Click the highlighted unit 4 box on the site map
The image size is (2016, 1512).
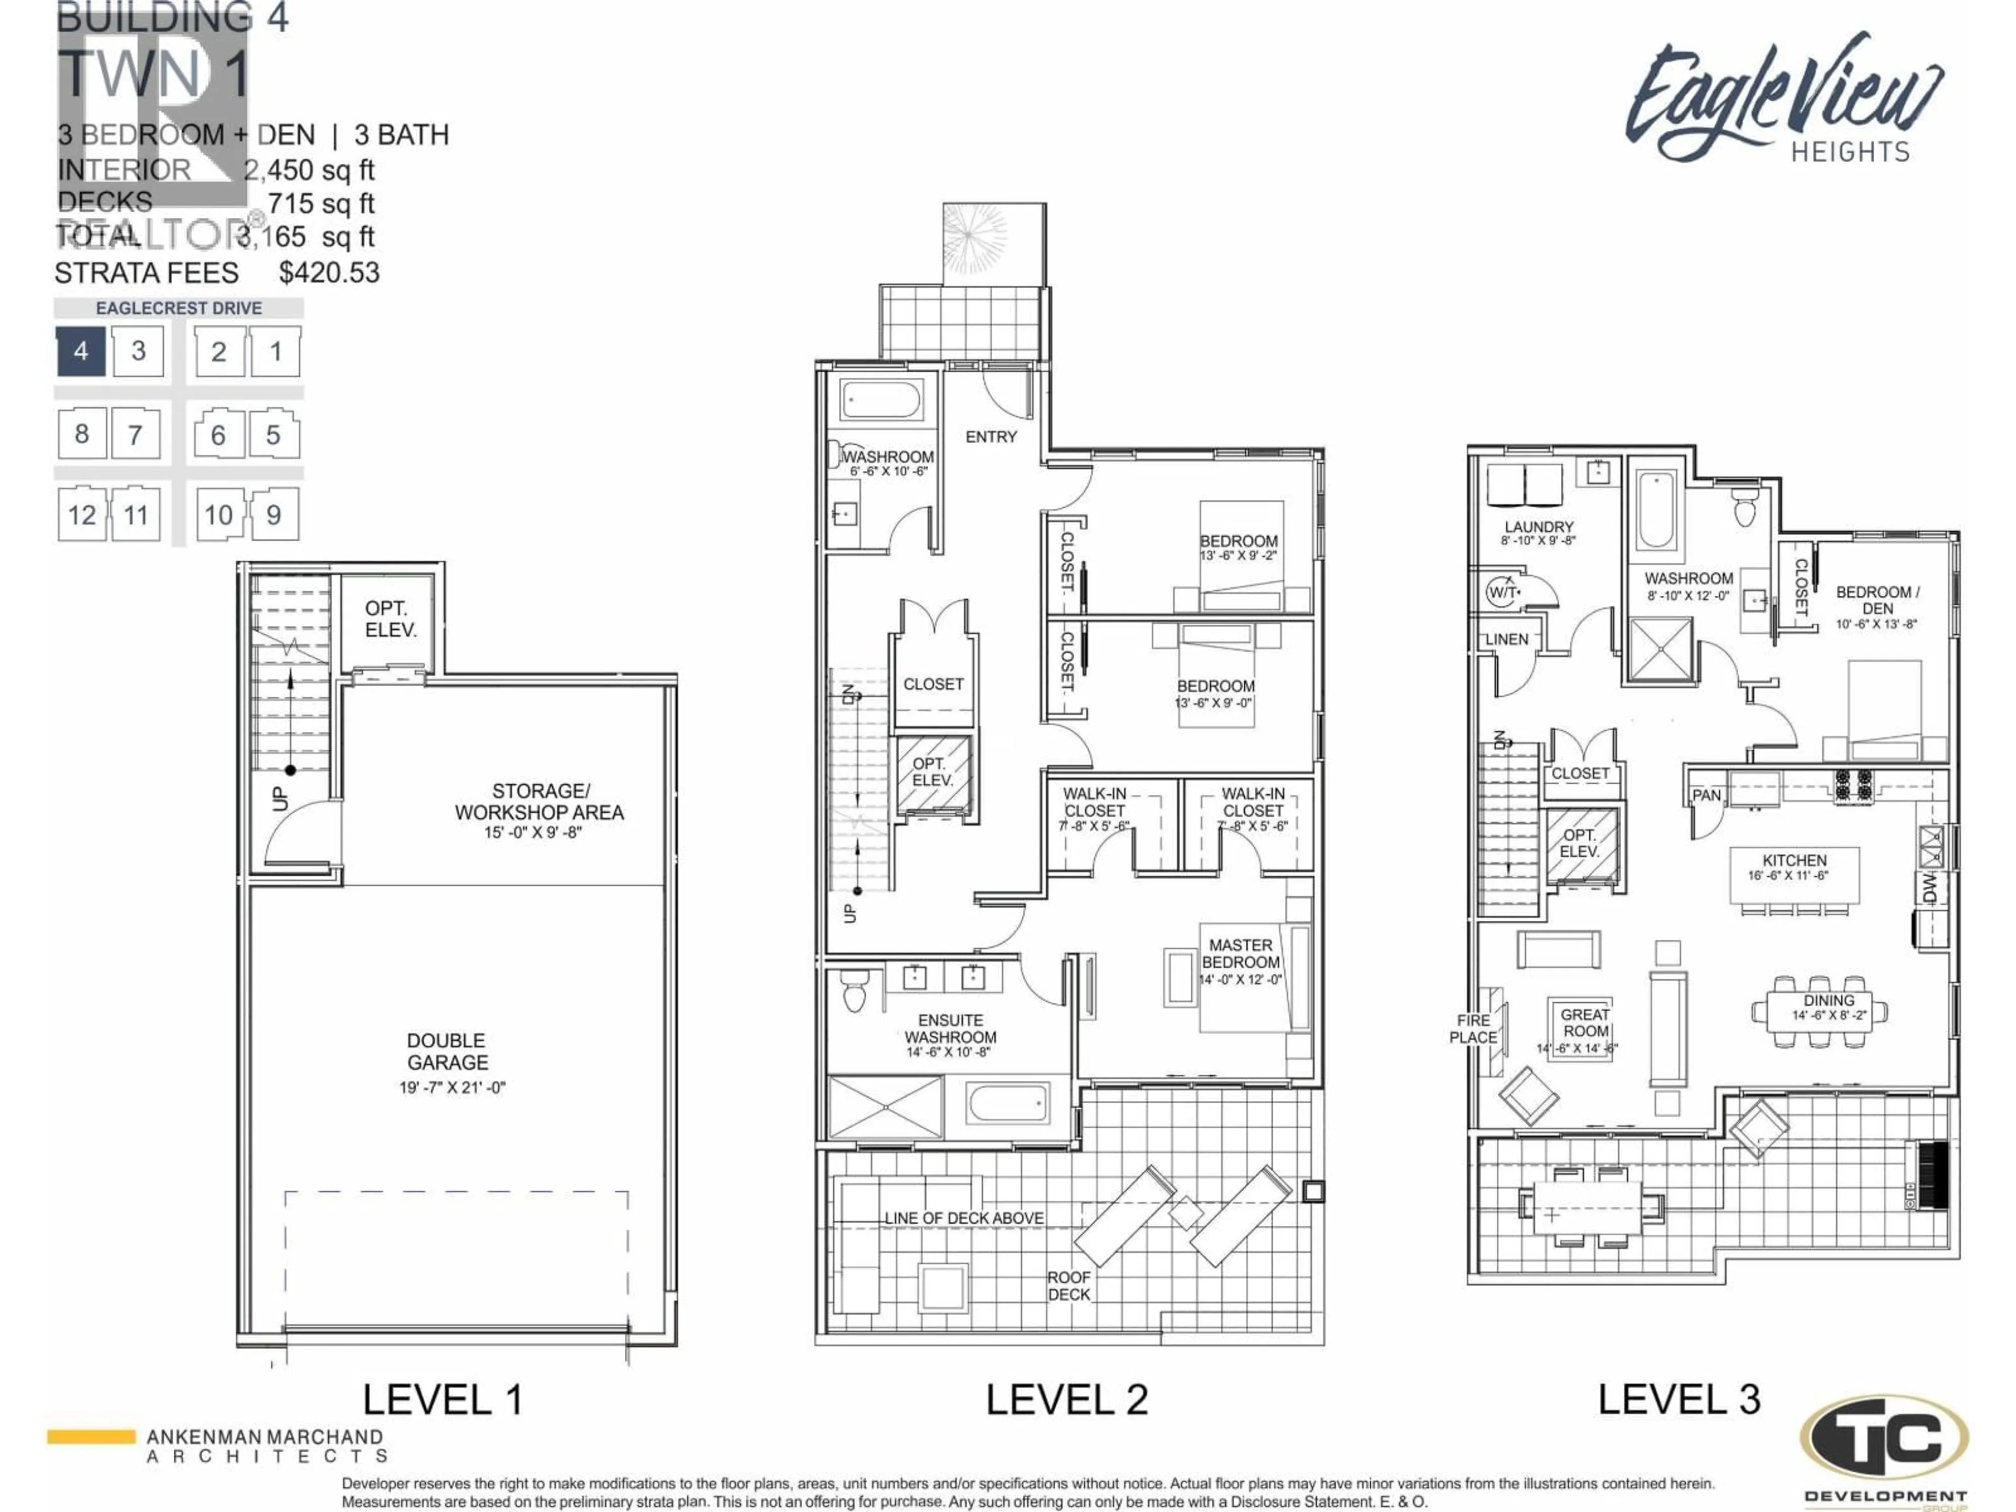click(x=81, y=351)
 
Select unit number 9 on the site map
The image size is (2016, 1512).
click(x=274, y=515)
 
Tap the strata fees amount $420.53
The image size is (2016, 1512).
click(x=329, y=272)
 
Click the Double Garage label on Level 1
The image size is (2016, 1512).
click(x=447, y=1051)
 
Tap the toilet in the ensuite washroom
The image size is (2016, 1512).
click(x=854, y=992)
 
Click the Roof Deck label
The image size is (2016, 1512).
click(x=1068, y=1285)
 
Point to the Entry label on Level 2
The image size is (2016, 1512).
click(x=991, y=437)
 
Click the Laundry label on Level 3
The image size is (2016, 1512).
click(x=1538, y=527)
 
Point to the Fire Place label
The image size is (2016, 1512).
click(x=1473, y=1029)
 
